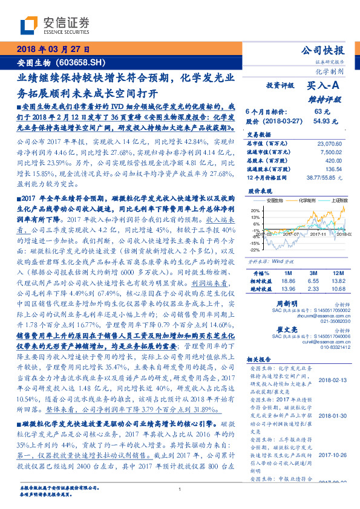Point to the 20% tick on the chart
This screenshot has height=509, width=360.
pos(256,210)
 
